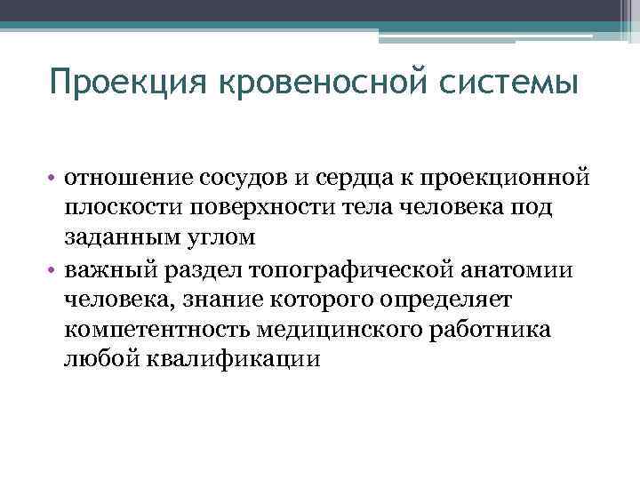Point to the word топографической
click(343, 270)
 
